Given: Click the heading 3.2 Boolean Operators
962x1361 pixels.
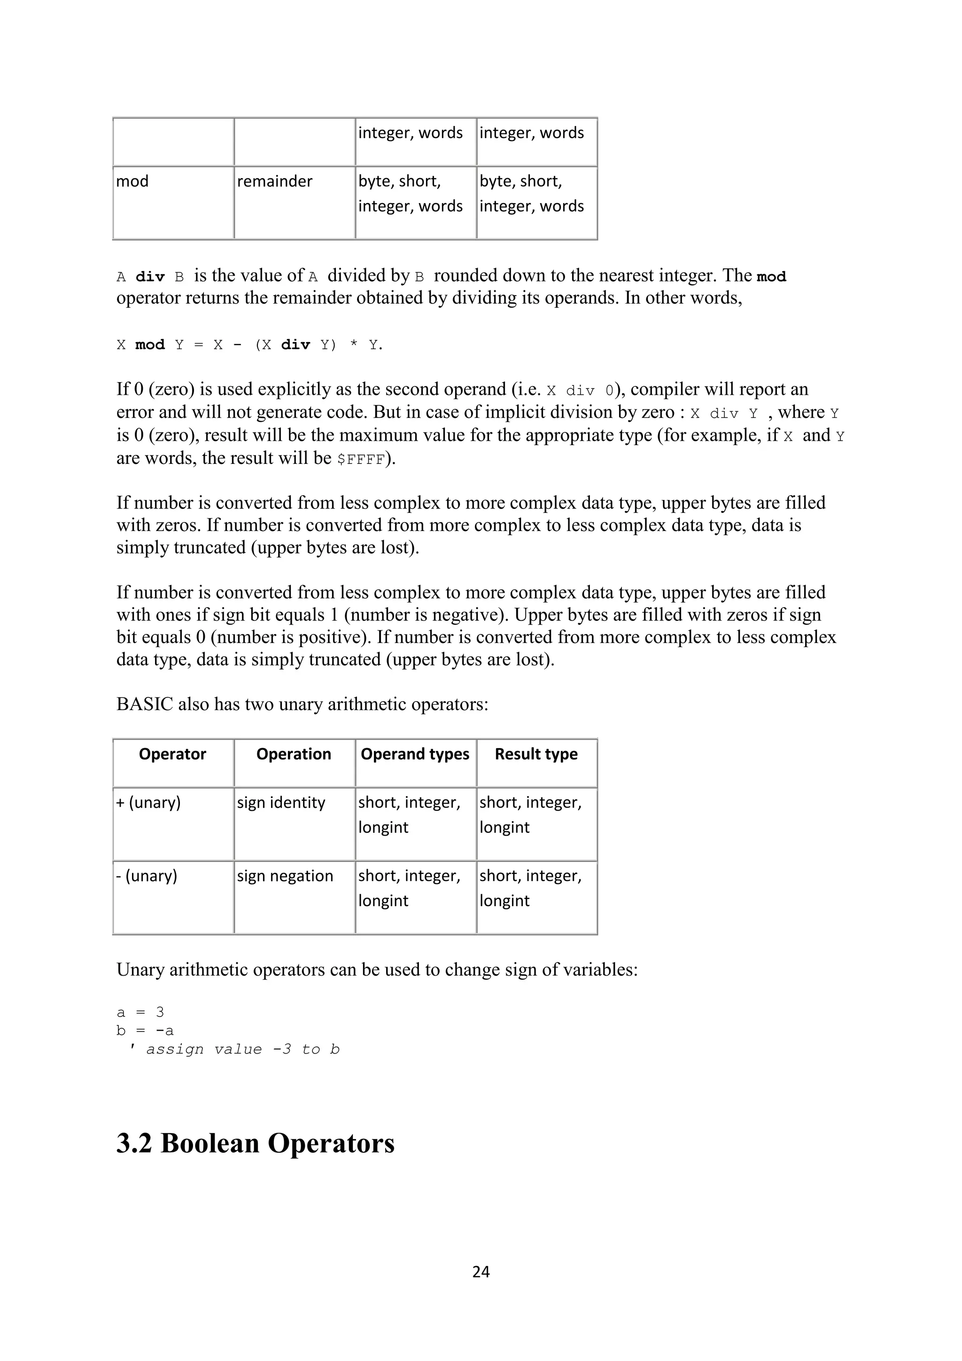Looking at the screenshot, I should pos(256,1143).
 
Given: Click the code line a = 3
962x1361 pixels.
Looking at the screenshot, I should pos(140,1012).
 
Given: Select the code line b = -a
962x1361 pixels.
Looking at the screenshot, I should pos(145,1030).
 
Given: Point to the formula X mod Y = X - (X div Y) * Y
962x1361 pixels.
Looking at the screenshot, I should pos(249,345).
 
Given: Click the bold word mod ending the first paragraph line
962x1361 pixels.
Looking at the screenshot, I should pos(771,277).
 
